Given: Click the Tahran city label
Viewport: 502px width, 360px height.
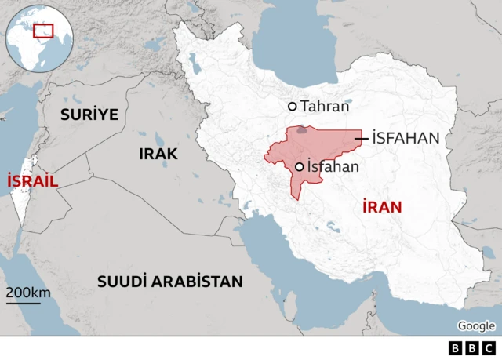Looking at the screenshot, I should point(325,107).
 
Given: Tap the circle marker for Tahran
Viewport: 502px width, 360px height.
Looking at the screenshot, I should point(293,107).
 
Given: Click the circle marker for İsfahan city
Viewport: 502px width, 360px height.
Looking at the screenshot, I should point(300,166).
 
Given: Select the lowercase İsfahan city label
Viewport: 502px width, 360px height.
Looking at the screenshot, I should point(333,166).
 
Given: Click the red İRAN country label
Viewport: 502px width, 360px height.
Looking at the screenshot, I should point(382,207).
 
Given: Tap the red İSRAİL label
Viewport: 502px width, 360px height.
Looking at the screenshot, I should point(33,181).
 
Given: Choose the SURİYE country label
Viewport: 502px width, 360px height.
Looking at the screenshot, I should point(89,115).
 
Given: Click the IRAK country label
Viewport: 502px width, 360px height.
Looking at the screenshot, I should point(158,154).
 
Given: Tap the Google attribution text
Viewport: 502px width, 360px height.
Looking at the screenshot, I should point(476,326).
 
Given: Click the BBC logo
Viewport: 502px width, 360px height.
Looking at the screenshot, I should point(472,348).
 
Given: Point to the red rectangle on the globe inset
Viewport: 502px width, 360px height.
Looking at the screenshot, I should point(43,31).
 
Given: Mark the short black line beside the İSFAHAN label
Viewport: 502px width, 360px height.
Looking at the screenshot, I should point(362,139).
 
